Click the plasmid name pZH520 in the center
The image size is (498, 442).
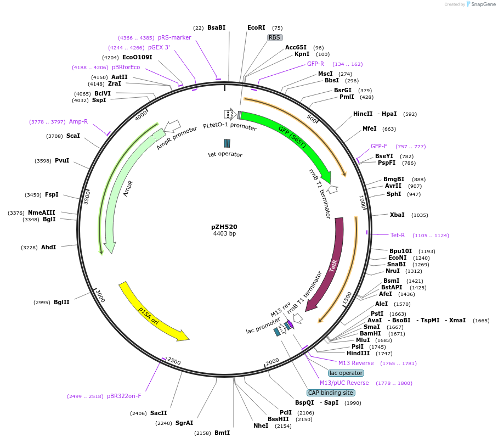click(x=224, y=226)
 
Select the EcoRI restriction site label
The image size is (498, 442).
click(x=256, y=27)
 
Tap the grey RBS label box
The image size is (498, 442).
click(x=274, y=38)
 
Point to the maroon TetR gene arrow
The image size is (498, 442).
click(x=331, y=264)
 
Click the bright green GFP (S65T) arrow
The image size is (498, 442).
click(x=291, y=137)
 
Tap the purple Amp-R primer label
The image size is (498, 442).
click(x=78, y=121)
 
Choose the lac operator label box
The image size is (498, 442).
click(x=346, y=373)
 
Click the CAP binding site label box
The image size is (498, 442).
click(x=331, y=393)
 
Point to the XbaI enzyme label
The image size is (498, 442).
click(x=397, y=215)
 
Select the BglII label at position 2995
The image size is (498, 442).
click(x=61, y=302)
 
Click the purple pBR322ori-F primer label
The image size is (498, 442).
click(x=124, y=396)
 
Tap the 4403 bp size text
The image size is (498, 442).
click(x=224, y=234)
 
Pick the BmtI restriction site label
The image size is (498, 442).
click(x=222, y=433)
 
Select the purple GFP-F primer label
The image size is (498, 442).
click(x=378, y=146)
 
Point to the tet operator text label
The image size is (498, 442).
click(x=225, y=154)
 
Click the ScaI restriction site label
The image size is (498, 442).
click(x=73, y=136)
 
